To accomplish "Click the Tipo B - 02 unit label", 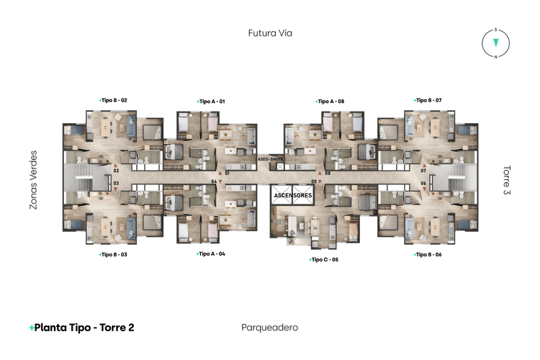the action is point(113,100).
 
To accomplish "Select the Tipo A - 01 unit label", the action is point(211,102).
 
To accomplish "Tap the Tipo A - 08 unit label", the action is point(330,102).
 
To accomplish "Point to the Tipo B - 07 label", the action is point(428,100).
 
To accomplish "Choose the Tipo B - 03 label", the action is point(113,255).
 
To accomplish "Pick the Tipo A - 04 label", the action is point(211,254).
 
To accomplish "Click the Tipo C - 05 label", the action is point(323,260).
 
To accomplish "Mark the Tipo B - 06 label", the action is point(428,255).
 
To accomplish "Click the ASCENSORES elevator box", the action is point(293,195).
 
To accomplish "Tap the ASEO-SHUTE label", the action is point(270,159).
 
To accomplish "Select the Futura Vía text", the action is point(270,33).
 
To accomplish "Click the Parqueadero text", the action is point(270,328).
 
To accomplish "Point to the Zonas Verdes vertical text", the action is point(33,180).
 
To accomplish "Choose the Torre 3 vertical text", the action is point(507,180).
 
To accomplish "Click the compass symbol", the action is point(495,43).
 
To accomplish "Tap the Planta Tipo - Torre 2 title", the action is point(81,328).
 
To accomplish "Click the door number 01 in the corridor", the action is point(227,173).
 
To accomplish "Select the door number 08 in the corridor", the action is point(328,173).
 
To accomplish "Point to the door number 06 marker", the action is point(423,184).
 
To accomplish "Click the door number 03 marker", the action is point(116,184).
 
